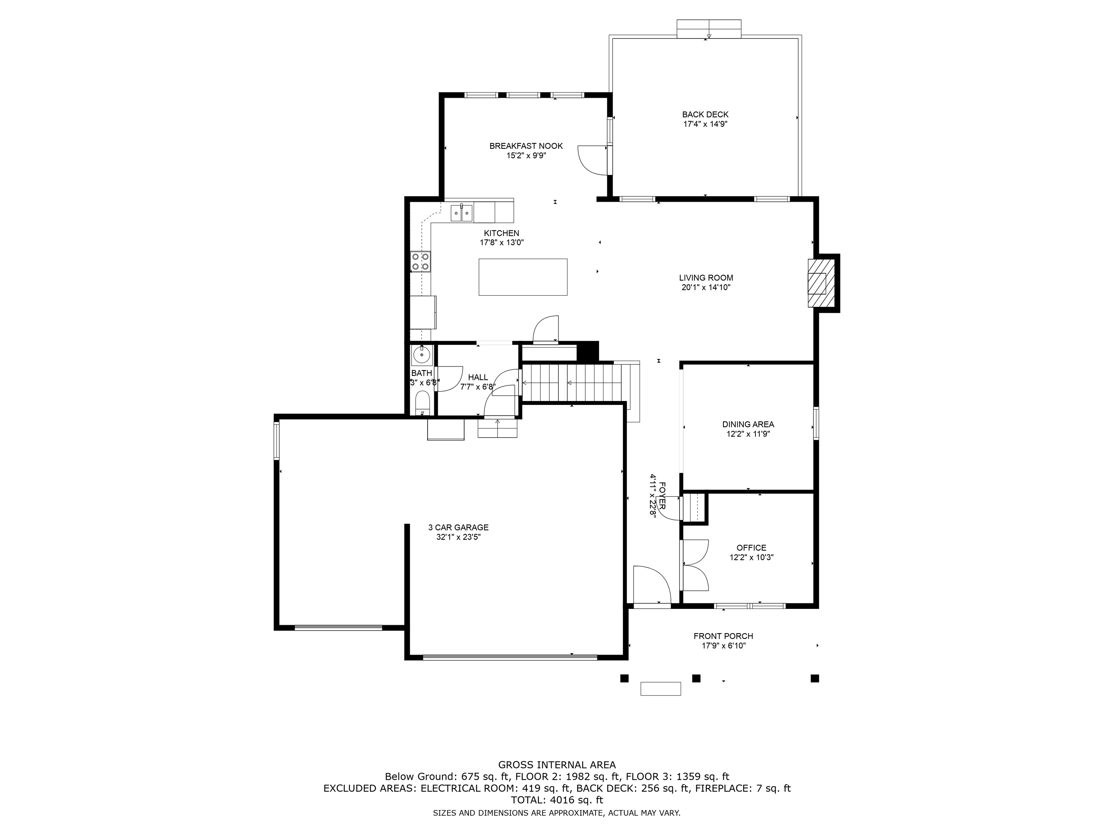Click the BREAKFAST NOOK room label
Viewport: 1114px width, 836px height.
coord(526,146)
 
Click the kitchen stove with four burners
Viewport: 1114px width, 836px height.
coord(421,261)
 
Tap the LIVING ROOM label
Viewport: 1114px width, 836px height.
coord(706,278)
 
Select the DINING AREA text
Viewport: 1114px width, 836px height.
coord(748,424)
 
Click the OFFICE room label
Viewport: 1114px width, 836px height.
coord(751,548)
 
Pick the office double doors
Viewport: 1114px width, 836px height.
coord(695,565)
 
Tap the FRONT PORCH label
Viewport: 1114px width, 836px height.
coord(723,636)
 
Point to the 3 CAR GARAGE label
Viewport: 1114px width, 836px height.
coord(458,528)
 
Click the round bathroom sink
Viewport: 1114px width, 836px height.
coord(421,355)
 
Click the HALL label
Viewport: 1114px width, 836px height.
coord(478,377)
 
